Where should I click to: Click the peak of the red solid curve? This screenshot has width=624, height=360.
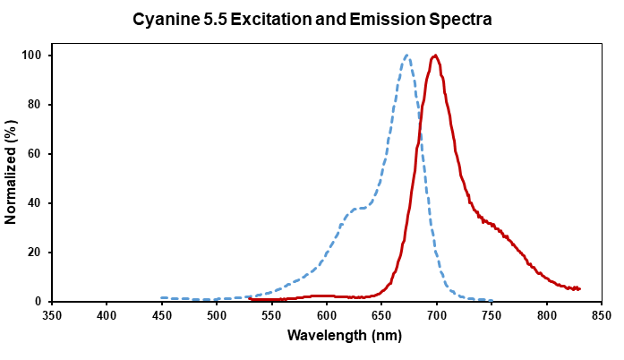(435, 56)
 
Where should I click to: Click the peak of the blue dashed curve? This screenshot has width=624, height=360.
(406, 56)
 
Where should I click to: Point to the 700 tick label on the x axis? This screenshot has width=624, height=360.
(436, 315)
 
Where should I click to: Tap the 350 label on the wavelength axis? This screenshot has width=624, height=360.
(52, 315)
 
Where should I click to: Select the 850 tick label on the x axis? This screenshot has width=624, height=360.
(601, 315)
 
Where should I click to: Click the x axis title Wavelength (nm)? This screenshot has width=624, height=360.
(326, 336)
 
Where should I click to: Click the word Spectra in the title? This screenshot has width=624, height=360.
(462, 19)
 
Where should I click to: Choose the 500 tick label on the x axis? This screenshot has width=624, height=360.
(217, 315)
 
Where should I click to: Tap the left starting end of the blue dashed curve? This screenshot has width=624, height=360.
(162, 298)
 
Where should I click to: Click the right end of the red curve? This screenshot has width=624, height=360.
(580, 289)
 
